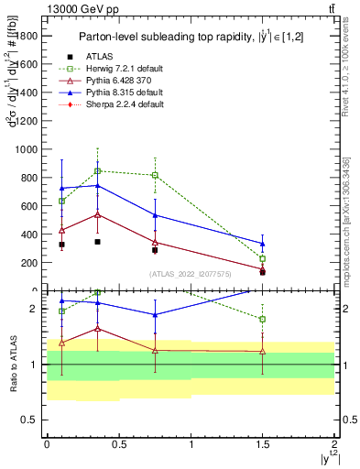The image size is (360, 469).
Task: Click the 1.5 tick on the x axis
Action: click(263, 442)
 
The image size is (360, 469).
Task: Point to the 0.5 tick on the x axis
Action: click(119, 442)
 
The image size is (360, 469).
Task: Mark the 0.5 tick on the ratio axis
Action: click(35, 420)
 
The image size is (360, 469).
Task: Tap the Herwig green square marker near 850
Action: click(98, 170)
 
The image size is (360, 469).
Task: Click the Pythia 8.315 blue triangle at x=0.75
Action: click(155, 215)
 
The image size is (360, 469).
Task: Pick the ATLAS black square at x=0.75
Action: click(155, 250)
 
